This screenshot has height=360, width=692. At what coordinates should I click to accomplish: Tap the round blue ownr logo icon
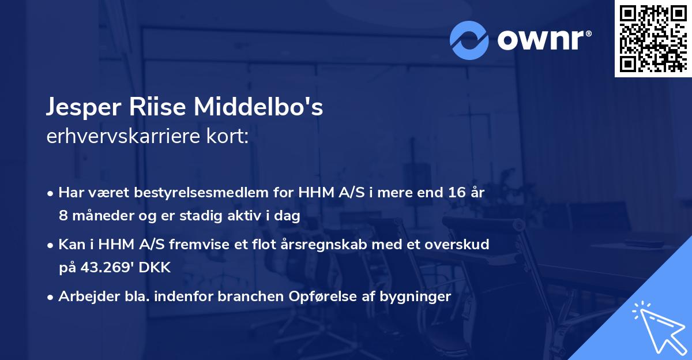tap(469, 40)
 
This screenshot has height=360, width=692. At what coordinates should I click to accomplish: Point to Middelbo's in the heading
tap(258, 108)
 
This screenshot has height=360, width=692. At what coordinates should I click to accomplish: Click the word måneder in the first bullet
tap(97, 216)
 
